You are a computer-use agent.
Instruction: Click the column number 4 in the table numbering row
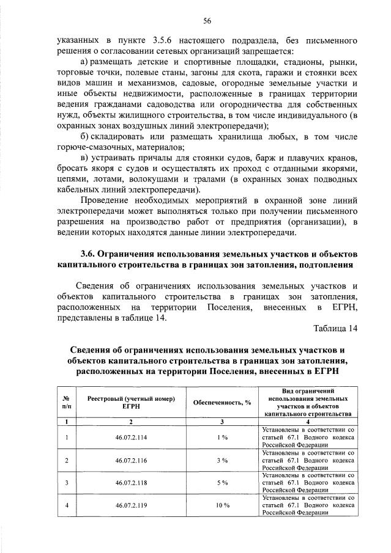coord(308,422)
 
